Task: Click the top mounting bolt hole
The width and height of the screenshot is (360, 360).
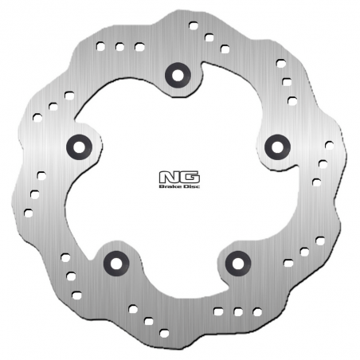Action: point(176,76)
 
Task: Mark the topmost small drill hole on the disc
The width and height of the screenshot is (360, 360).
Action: point(194,25)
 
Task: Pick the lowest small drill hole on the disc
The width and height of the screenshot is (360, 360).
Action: point(165,331)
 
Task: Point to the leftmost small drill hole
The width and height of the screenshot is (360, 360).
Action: point(29,213)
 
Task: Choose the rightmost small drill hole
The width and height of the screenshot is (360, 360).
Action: point(329,145)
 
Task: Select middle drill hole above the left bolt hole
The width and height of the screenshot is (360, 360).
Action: point(53,105)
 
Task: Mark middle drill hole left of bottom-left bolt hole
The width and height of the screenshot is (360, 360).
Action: point(71,276)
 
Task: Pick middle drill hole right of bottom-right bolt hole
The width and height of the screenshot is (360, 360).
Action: point(304,251)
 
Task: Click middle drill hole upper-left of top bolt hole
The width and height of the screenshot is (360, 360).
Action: point(120,47)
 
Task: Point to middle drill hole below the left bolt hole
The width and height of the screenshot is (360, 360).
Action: point(34,194)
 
